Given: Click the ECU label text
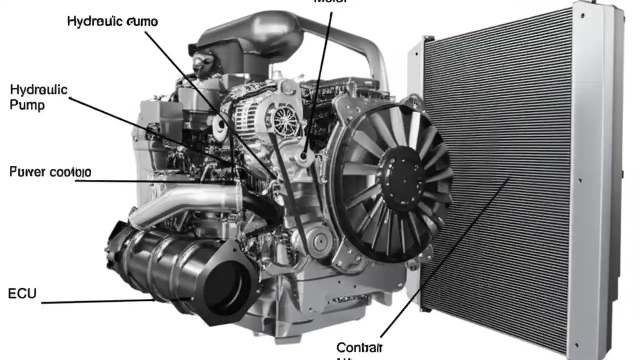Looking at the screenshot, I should pos(22,294).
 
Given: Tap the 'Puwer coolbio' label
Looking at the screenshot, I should pos(50,172).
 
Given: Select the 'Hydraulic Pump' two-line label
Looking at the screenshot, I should pos(38,97).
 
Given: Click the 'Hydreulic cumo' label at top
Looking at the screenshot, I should pos(112,22).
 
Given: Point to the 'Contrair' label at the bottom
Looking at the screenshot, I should pos(359,347).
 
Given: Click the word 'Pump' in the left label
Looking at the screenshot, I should pos(27,105).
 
